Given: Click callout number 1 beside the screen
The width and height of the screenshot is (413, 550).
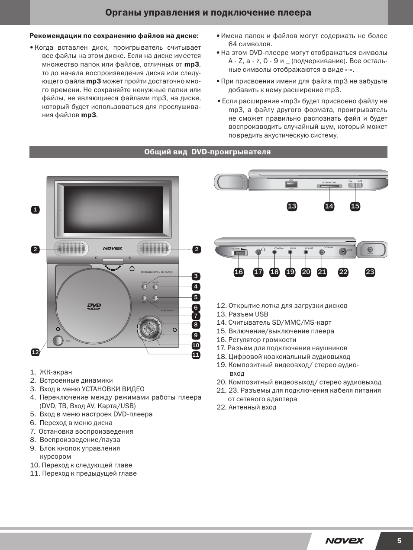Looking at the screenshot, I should coord(35,210).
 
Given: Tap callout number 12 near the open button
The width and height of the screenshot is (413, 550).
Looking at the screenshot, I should coord(35,352).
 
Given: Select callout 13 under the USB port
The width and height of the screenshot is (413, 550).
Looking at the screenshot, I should coord(292,206).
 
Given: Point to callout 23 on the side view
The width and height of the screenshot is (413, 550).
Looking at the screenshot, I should coord(370,272).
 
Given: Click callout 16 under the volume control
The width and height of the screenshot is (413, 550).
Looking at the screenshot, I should coord(239,272).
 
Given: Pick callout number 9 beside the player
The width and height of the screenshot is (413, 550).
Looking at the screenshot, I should coord(196,335).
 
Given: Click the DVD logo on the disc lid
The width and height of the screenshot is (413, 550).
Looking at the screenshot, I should coord(94,307).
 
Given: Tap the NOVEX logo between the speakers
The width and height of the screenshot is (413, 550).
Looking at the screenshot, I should coord(113,248).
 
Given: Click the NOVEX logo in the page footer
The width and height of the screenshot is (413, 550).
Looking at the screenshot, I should coord(345,540).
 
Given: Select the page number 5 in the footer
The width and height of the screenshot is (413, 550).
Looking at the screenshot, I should coord(399,540).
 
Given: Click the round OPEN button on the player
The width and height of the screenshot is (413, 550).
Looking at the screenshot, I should coord(58,340).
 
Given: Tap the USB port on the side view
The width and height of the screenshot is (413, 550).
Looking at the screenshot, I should coord(291,185).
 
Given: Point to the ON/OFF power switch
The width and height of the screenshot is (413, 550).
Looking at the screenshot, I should coord(355,185).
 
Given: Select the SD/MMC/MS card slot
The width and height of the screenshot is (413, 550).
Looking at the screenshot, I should coord(329,186).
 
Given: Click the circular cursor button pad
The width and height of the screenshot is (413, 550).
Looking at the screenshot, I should coord(149,328).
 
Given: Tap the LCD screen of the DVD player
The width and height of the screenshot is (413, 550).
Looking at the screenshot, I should coord(113,209).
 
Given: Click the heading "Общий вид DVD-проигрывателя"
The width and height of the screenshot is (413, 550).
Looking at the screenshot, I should coord(208,152).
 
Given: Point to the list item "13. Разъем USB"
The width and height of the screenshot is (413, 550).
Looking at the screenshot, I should coord(242,314).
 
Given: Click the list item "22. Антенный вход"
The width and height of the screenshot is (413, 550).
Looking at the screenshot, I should coord(246,407).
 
